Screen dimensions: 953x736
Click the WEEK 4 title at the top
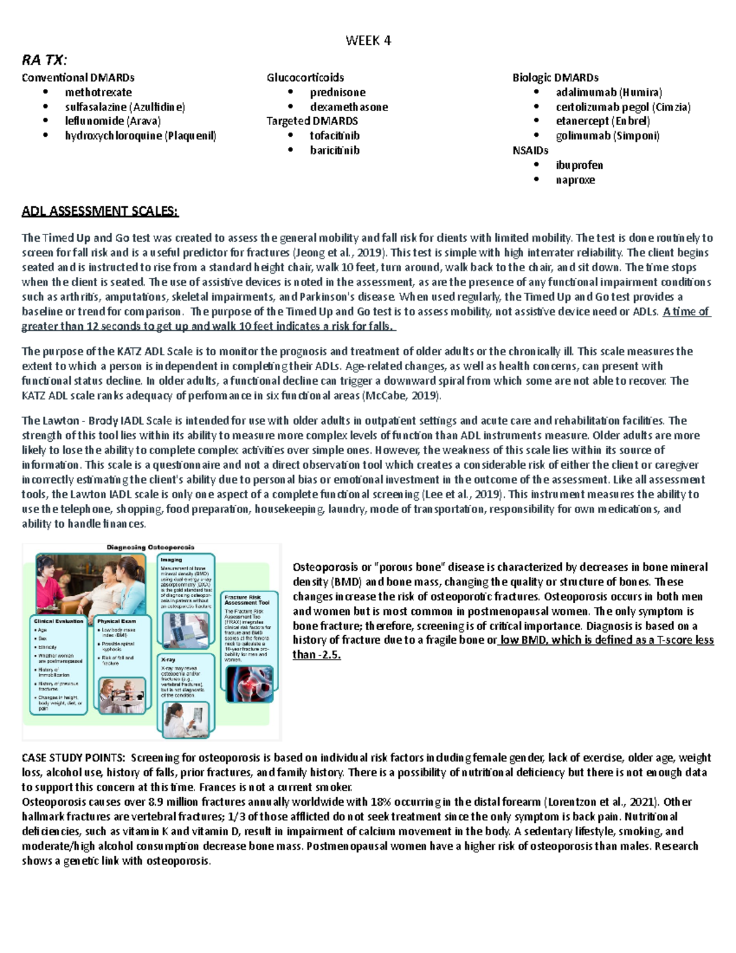pyautogui.click(x=368, y=41)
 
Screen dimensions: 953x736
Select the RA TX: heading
pyautogui.click(x=44, y=60)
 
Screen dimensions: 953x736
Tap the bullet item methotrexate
pyautogui.click(x=98, y=93)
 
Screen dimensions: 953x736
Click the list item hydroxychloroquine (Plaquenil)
pyautogui.click(x=140, y=136)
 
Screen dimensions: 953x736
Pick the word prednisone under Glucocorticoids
pyautogui.click(x=337, y=93)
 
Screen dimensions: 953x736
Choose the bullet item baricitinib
pyautogui.click(x=334, y=150)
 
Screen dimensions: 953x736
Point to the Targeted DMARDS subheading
pyautogui.click(x=312, y=121)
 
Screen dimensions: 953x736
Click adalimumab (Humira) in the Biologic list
pyautogui.click(x=608, y=93)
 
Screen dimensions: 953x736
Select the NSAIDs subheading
pyautogui.click(x=530, y=150)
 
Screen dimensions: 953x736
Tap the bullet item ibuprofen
pyautogui.click(x=579, y=165)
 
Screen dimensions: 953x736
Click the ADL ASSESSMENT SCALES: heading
pyautogui.click(x=100, y=212)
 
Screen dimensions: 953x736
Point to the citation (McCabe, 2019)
pyautogui.click(x=402, y=396)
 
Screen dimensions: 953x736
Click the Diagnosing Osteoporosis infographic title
pyautogui.click(x=150, y=547)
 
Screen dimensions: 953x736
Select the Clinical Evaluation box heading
pyautogui.click(x=59, y=621)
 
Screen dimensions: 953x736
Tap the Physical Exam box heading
pyautogui.click(x=117, y=621)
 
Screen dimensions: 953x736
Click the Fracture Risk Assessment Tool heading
pyautogui.click(x=247, y=600)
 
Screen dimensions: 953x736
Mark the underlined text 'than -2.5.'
pyautogui.click(x=316, y=655)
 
